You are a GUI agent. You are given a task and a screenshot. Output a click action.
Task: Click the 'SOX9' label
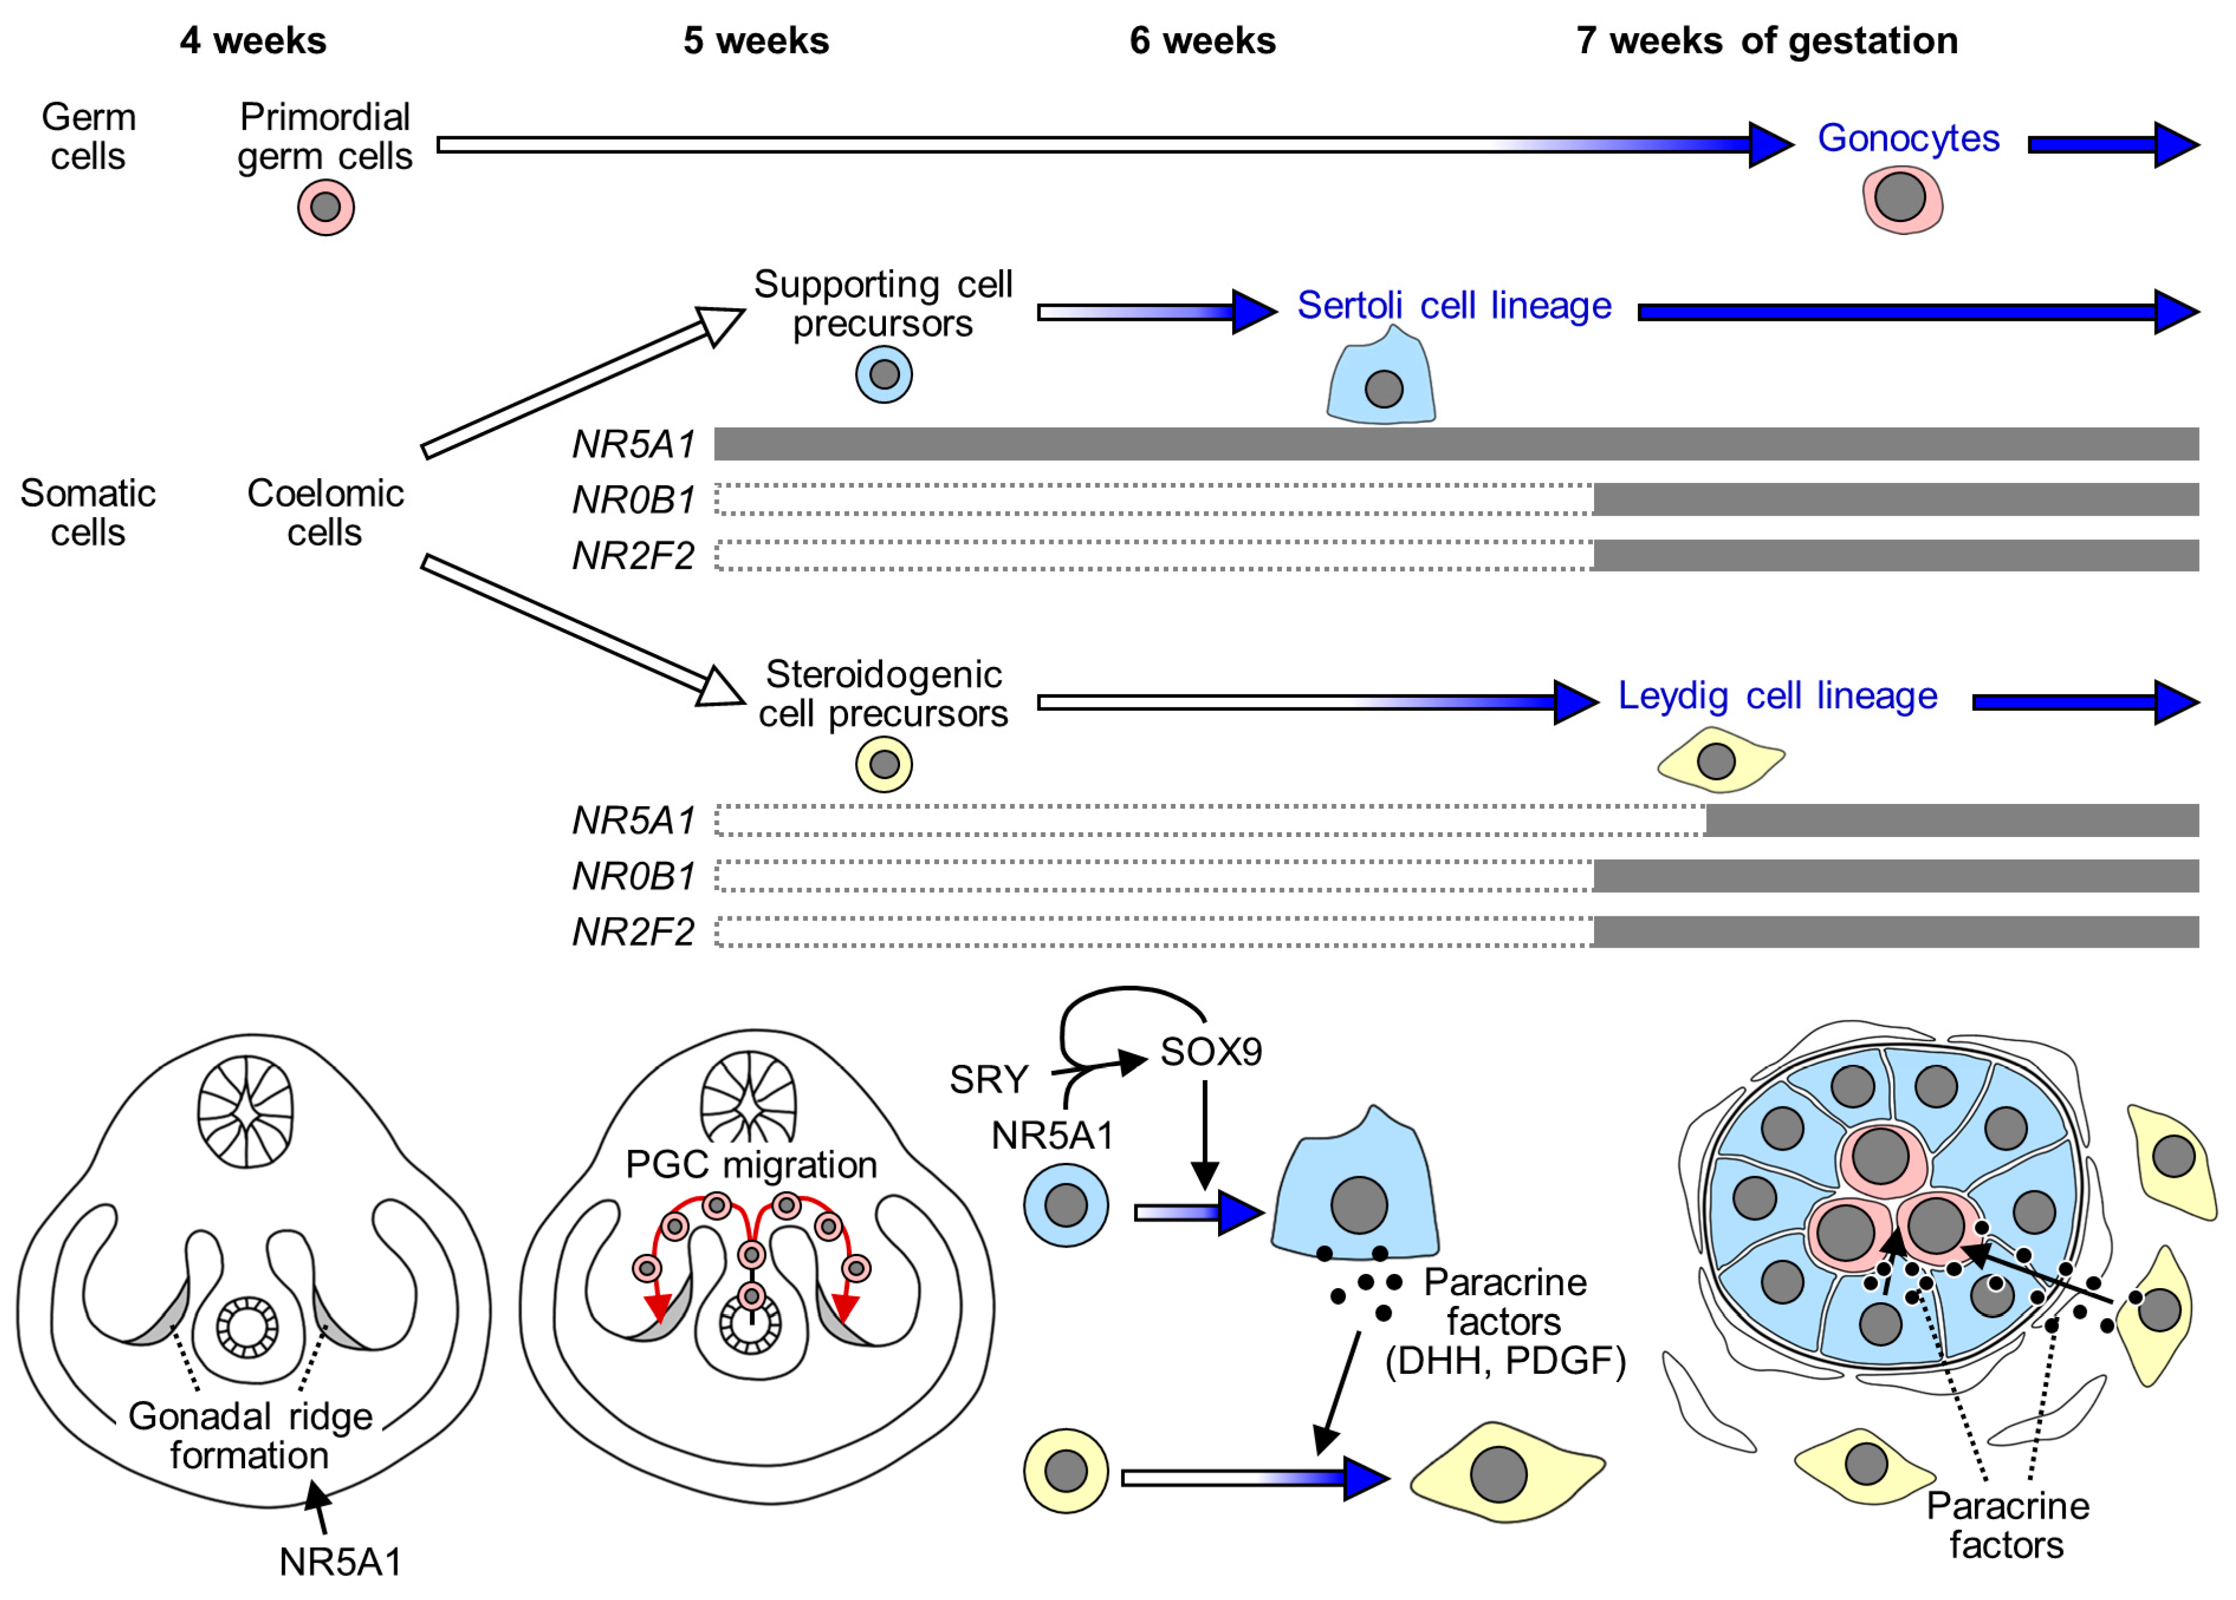[1210, 1052]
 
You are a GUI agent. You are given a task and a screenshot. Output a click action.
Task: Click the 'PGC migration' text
[751, 1164]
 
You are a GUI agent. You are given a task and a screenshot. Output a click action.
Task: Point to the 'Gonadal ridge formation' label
[250, 1435]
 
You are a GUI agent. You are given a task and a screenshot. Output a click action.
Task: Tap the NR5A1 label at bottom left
[340, 1562]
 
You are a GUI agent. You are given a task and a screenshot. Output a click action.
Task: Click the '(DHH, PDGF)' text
[1505, 1361]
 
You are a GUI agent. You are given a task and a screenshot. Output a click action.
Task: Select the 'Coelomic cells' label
[325, 512]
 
